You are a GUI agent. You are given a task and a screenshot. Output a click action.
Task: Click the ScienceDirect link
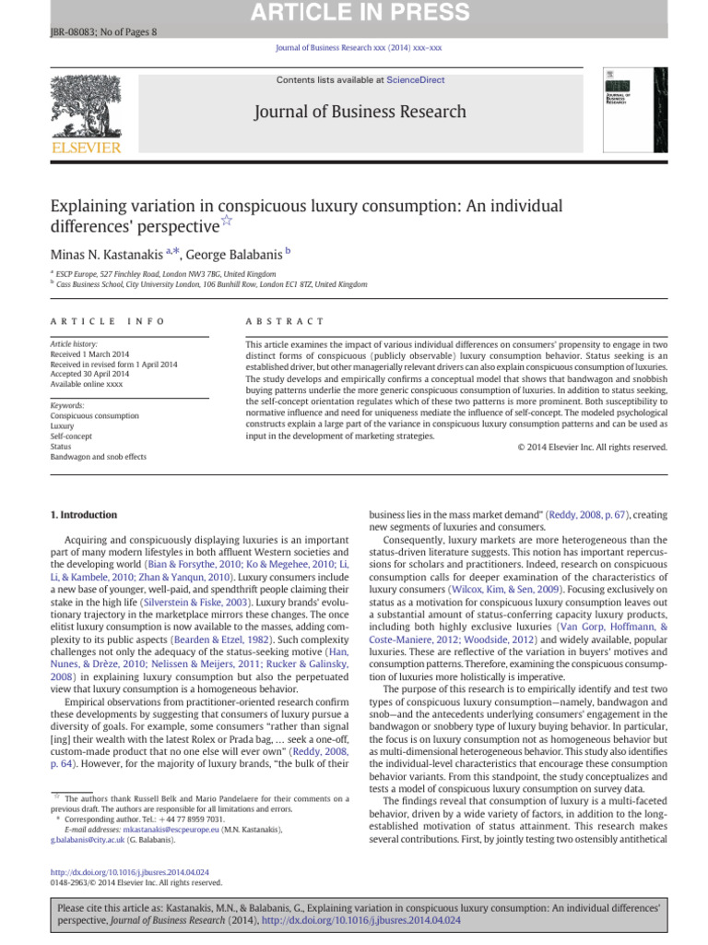pyautogui.click(x=415, y=80)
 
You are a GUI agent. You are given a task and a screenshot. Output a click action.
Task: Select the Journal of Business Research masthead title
pyautogui.click(x=354, y=113)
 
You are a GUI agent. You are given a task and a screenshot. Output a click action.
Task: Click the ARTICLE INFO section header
pyautogui.click(x=107, y=321)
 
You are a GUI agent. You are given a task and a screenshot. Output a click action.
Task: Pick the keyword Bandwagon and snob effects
pyautogui.click(x=98, y=456)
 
